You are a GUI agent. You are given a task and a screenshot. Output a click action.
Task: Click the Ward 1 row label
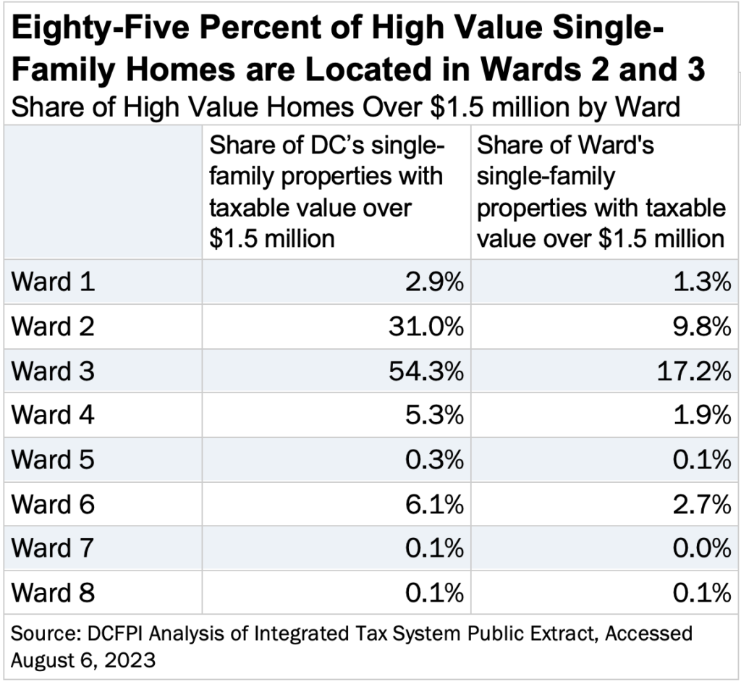[54, 282]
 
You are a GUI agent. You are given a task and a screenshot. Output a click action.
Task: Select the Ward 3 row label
[54, 371]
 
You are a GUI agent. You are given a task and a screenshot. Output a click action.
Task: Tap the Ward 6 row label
[54, 505]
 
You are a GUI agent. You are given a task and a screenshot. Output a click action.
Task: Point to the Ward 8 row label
[54, 594]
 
